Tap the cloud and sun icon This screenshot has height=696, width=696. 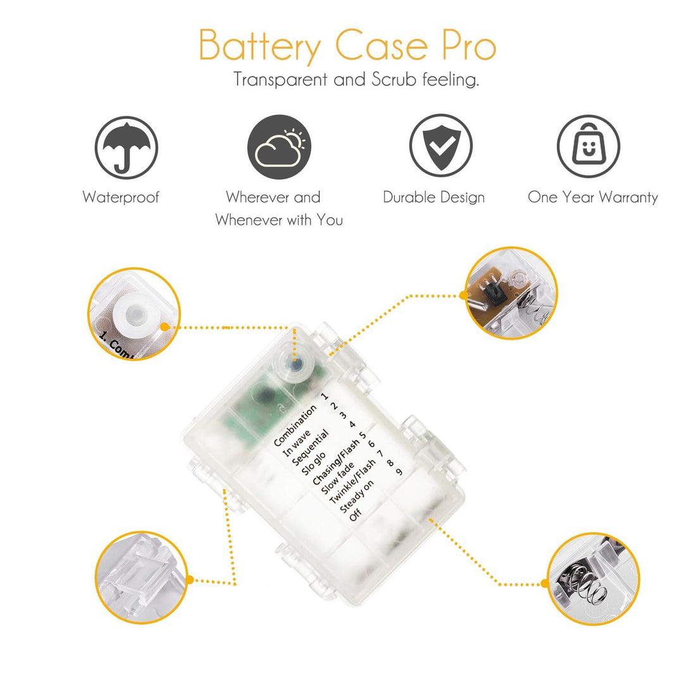tap(279, 147)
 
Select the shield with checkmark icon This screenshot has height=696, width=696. tap(441, 146)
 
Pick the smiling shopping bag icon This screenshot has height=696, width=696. tap(588, 146)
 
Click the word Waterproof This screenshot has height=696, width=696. tap(121, 197)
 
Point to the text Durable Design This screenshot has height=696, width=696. tap(433, 197)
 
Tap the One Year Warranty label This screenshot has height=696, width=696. tap(593, 197)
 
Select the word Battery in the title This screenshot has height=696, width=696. tap(260, 46)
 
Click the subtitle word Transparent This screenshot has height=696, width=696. tap(280, 80)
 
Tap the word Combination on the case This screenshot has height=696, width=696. tap(295, 425)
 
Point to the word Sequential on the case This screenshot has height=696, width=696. tap(311, 447)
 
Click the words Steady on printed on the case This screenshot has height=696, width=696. tap(357, 496)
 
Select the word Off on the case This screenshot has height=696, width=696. tap(356, 514)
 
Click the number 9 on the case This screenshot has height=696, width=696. tap(399, 472)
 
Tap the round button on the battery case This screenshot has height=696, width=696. tap(294, 363)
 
